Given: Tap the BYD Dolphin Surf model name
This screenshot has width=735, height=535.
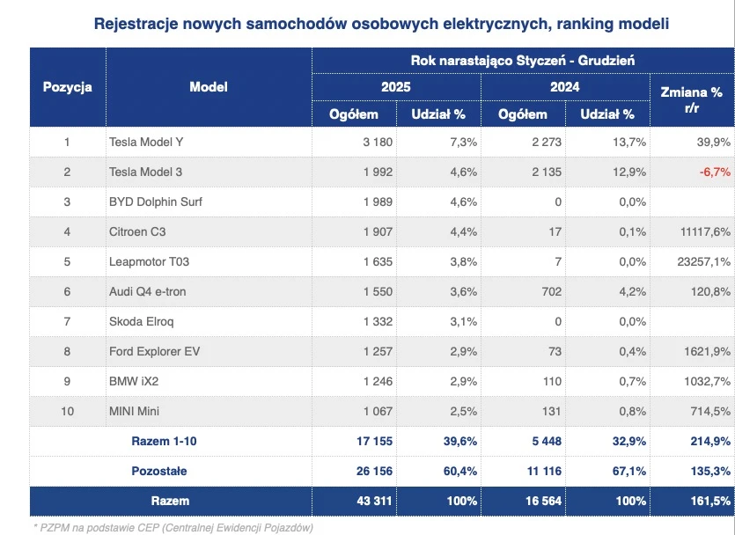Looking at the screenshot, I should pos(158,202).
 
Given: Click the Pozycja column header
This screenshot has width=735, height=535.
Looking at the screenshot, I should pos(68,87).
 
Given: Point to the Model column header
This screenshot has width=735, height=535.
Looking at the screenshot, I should pos(209,87).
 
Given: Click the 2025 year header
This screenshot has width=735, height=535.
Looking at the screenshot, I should pos(396,87).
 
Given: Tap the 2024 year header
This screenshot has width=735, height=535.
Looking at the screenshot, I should pos(564,87).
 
